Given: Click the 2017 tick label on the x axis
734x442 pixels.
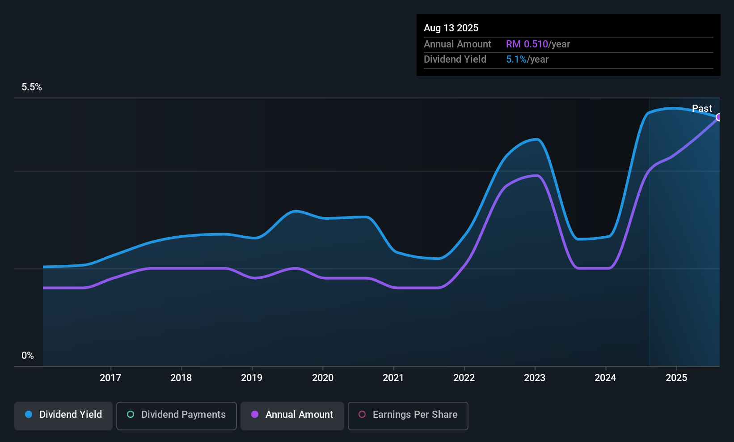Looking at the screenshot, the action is (110, 378).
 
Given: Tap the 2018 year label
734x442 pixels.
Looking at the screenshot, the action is (181, 378).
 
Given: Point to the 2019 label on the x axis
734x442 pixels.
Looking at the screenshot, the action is (252, 378).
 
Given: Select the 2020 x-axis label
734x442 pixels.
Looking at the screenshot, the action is (323, 378).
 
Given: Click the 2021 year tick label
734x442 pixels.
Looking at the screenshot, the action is (393, 378).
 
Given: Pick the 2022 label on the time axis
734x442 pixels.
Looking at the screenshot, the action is (464, 378).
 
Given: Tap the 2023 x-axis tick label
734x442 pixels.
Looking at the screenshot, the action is (535, 378).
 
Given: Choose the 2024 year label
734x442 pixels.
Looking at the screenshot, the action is (606, 378).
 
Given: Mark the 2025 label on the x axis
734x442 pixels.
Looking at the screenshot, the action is (677, 378).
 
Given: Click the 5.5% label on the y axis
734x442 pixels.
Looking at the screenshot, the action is (32, 87).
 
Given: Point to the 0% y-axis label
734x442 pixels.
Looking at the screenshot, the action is (28, 356).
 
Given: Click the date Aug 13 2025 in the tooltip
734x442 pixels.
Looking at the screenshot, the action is (451, 28).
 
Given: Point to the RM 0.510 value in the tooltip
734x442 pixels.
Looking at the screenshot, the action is (527, 44).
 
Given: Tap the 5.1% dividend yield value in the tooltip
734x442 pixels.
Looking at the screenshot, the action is (516, 59).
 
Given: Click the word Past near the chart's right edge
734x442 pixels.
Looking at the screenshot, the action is (702, 108).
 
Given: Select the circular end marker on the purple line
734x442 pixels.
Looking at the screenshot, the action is (718, 117).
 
